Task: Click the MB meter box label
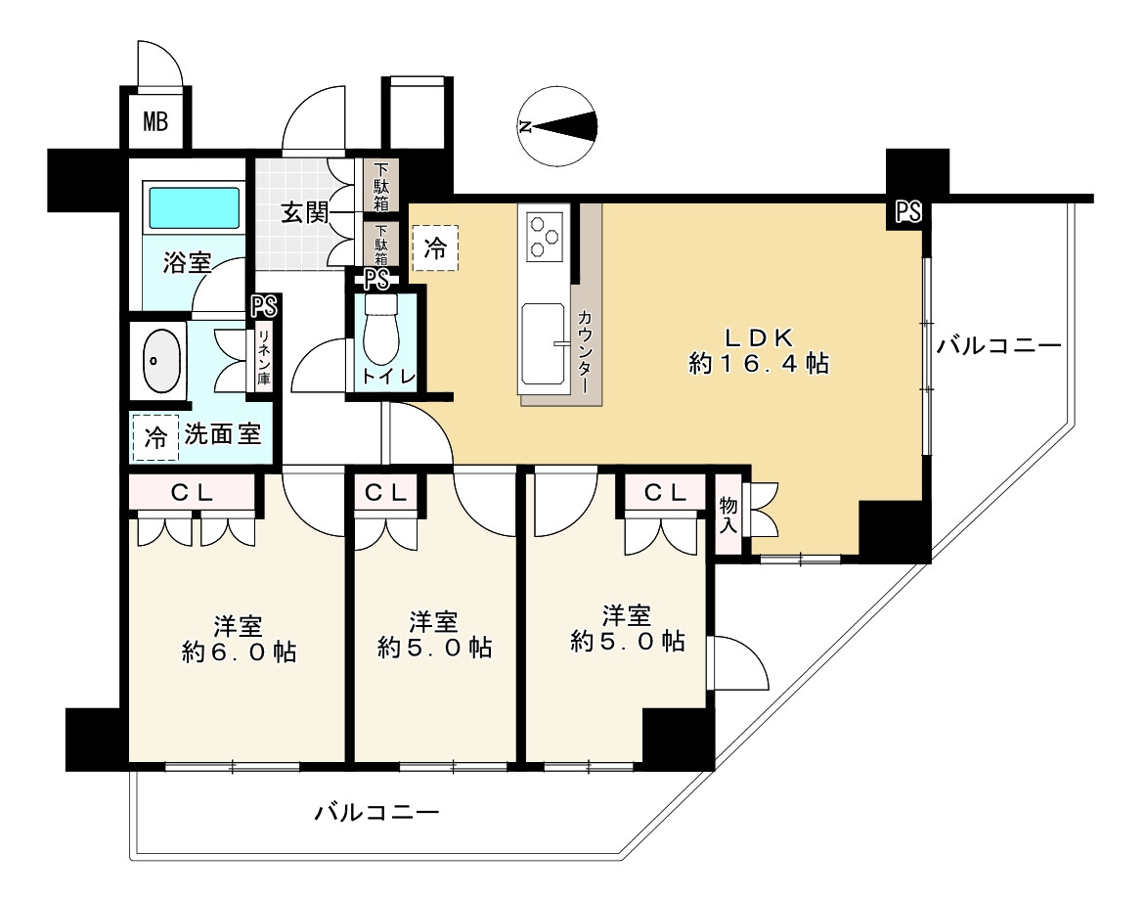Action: [x=154, y=120]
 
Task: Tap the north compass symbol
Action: [x=556, y=127]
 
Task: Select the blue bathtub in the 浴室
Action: [x=195, y=207]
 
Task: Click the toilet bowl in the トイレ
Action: [x=379, y=329]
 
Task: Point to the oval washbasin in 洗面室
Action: [x=160, y=361]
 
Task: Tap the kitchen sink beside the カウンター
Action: [x=543, y=343]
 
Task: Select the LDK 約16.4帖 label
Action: [x=759, y=350]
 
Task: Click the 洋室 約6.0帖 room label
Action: [x=239, y=639]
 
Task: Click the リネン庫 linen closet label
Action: [x=264, y=358]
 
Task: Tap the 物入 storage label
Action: [x=727, y=515]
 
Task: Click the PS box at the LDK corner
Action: [x=908, y=212]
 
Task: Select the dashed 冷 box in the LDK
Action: [x=435, y=248]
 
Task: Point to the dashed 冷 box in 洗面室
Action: [x=154, y=437]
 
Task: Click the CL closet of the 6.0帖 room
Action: [x=193, y=493]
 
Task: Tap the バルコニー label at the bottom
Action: [x=377, y=813]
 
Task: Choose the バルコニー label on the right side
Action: [x=998, y=345]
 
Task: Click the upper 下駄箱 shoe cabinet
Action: [x=381, y=186]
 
